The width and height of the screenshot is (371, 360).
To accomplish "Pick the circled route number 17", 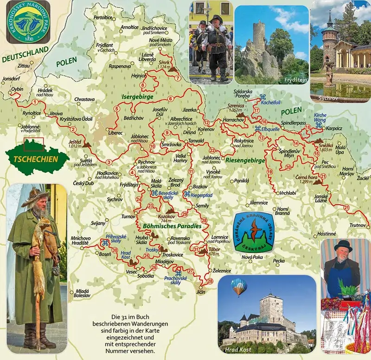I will pos(256,110).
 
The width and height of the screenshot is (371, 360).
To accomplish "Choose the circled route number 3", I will pos(109,161).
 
